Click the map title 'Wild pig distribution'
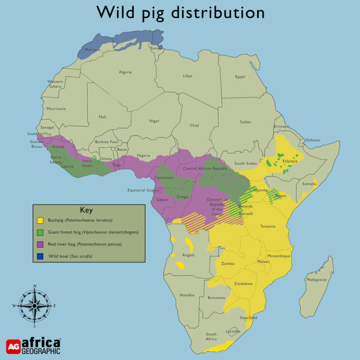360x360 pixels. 180,13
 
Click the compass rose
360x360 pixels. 35,305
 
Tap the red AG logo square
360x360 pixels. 13,346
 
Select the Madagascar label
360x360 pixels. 316,280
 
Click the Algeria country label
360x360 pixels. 125,72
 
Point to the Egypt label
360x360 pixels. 240,77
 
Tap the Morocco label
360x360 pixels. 92,50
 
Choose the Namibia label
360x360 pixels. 187,295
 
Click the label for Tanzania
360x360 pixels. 268,226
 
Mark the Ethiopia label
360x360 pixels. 290,161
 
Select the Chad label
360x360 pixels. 194,126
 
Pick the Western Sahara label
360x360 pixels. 55,84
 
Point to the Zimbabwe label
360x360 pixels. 243,284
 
